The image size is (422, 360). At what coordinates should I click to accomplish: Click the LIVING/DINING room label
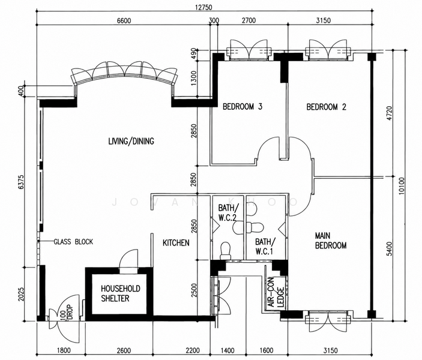point(131,141)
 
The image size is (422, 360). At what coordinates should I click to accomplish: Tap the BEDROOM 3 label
point(243,107)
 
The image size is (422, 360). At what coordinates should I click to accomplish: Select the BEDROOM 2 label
point(326,107)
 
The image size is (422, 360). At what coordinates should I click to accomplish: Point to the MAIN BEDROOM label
point(331,241)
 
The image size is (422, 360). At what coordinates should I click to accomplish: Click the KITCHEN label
point(176,242)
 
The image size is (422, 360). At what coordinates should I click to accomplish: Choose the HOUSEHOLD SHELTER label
point(121,293)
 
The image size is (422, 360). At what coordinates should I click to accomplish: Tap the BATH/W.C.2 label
point(228,212)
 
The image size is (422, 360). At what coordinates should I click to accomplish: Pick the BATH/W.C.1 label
point(265,246)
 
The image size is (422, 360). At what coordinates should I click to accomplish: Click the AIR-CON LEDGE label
point(276,292)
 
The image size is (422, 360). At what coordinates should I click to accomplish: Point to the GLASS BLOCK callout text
point(73,242)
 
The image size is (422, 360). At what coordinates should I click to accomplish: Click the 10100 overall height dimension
point(401,185)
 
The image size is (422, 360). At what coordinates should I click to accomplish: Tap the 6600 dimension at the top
point(124,20)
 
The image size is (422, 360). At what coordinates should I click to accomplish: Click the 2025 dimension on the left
point(21,295)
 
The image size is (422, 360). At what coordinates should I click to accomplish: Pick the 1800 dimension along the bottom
point(64,350)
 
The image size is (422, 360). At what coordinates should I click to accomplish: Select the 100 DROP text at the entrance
point(67,313)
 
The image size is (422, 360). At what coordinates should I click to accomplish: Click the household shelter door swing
point(128,259)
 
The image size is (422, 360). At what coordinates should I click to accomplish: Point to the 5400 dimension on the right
point(389,249)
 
